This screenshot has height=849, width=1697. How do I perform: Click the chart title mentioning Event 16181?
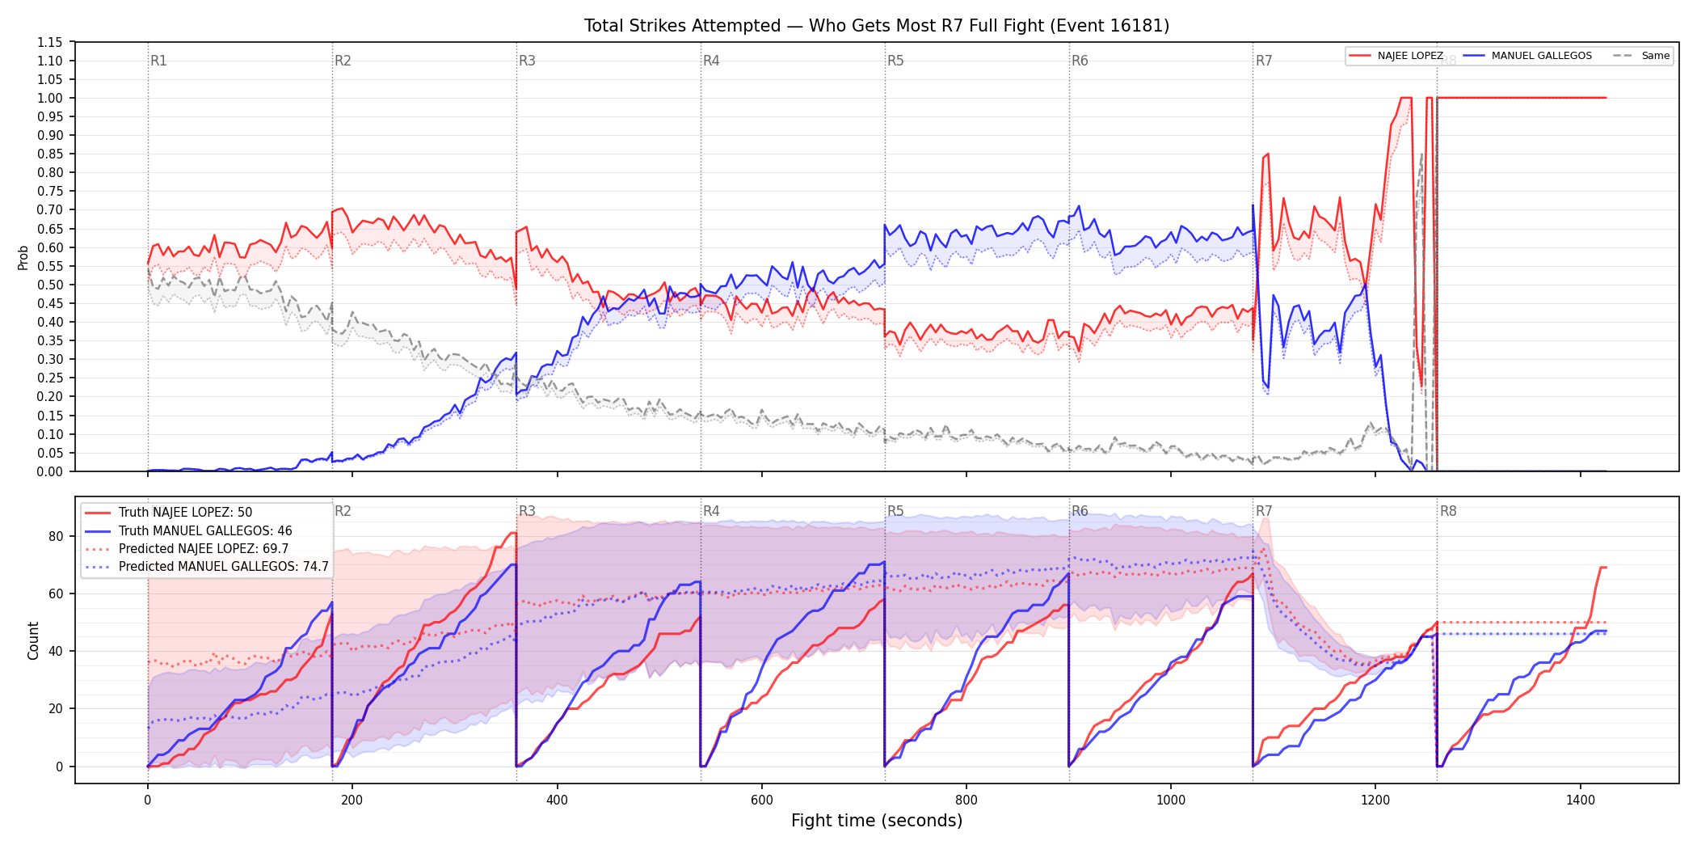(x=877, y=26)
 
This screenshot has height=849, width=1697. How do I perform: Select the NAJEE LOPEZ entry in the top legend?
(x=1396, y=56)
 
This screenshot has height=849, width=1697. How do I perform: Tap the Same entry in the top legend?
(x=1641, y=56)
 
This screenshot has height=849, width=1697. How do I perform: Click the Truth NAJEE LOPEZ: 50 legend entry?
(x=169, y=513)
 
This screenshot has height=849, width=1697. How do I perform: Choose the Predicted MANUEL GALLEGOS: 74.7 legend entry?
(x=207, y=567)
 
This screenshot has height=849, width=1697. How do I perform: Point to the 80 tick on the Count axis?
(x=56, y=536)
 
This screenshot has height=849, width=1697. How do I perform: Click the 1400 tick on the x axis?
(x=1581, y=800)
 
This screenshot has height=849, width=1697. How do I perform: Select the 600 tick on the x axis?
(x=762, y=800)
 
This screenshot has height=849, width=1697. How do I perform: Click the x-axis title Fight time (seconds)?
(x=877, y=821)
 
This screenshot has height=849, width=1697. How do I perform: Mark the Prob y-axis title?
(x=23, y=257)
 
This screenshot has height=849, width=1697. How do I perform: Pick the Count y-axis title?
(x=33, y=640)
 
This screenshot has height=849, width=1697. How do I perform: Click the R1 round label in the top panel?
(x=158, y=61)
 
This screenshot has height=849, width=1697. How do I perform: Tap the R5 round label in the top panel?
(x=895, y=61)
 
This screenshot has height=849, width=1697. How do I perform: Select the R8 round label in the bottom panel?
(x=1448, y=511)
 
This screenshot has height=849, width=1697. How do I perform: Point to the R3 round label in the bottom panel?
(x=527, y=511)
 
